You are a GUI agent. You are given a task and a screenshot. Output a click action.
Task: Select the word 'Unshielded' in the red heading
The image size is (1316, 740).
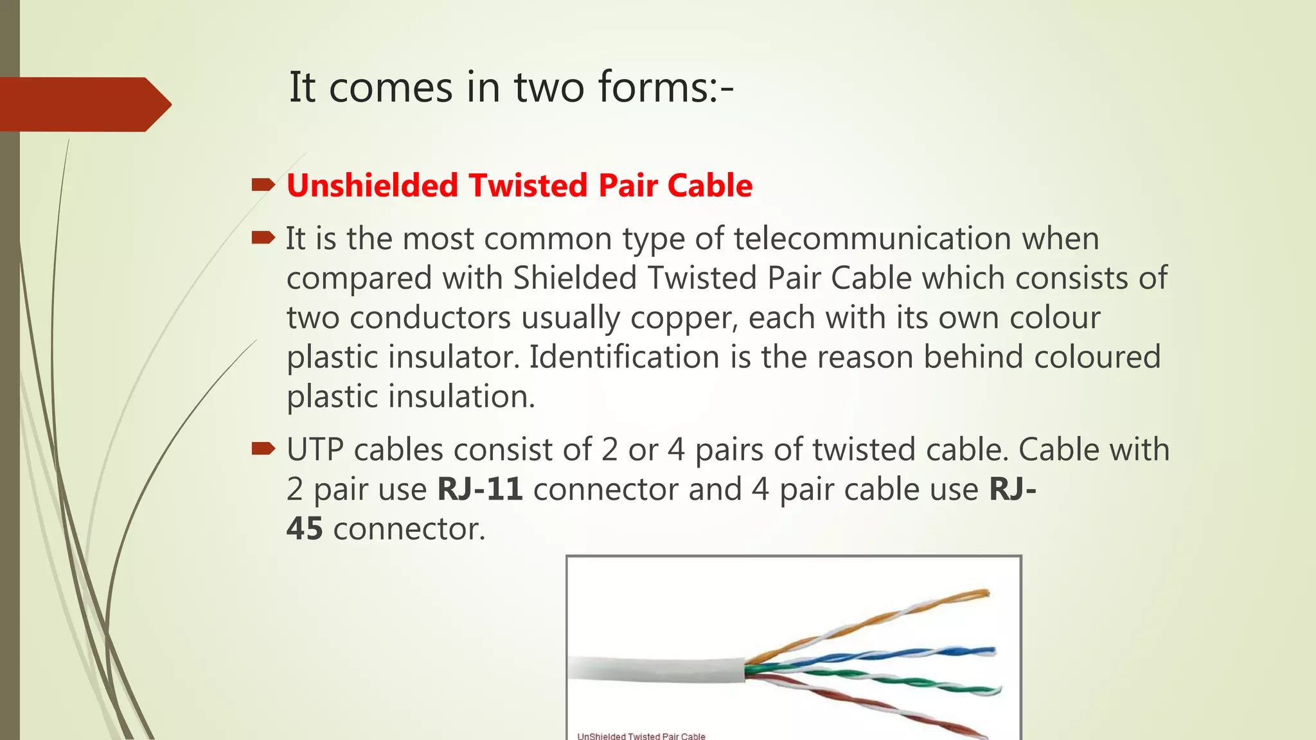click(372, 186)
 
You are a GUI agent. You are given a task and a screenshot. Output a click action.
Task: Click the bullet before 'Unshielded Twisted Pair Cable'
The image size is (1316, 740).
click(263, 186)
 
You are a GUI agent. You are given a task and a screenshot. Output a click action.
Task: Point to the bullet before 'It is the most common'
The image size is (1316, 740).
click(263, 238)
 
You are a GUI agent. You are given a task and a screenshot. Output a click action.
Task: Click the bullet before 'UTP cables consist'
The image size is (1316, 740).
click(263, 448)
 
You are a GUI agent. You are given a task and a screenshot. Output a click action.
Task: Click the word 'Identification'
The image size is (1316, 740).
click(624, 357)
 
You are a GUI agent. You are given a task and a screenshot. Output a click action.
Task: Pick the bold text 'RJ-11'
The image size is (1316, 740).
click(479, 489)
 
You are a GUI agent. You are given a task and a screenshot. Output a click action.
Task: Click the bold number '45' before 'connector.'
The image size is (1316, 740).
click(304, 529)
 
